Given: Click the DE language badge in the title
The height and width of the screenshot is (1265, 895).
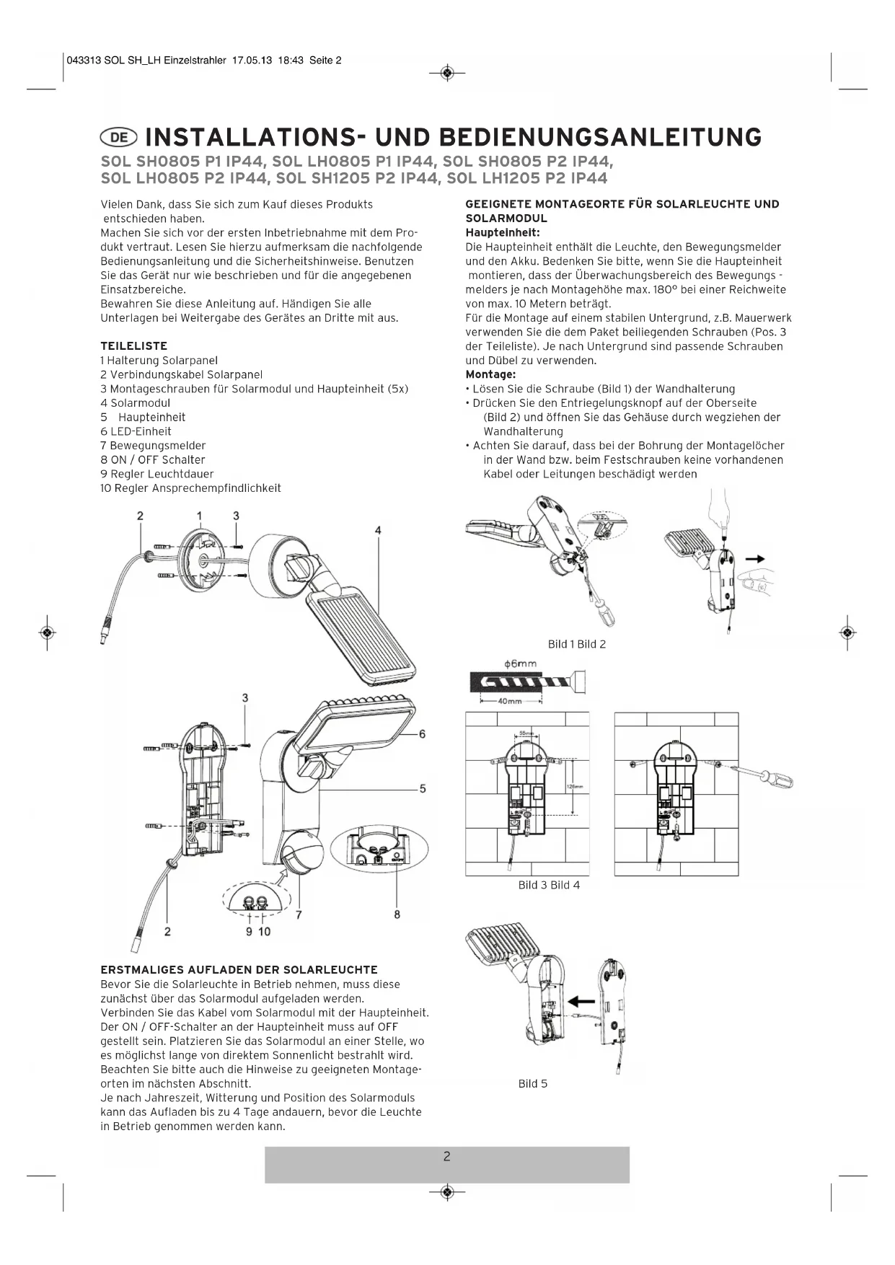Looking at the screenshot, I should point(120,137).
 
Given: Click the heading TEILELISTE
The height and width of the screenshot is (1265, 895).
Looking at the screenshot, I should point(133,346).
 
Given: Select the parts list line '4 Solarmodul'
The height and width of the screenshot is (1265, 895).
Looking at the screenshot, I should point(136,403).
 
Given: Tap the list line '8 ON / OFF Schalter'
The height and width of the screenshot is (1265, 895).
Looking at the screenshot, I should point(153,460).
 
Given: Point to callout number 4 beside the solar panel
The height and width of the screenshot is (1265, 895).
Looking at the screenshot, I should point(378,530).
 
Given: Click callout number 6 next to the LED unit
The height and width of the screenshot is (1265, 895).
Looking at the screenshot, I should point(422,734).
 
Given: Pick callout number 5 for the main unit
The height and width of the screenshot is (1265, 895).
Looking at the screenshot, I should point(422,788).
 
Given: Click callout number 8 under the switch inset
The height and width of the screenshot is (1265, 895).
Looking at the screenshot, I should point(397,914).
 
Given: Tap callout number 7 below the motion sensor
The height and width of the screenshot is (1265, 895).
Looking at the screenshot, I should point(299,914).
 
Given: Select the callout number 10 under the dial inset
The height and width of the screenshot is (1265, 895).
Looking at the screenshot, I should point(264,932).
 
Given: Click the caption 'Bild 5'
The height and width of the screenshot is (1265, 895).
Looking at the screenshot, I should point(533,1083).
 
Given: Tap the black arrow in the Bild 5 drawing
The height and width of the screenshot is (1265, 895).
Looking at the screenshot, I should point(582,1001).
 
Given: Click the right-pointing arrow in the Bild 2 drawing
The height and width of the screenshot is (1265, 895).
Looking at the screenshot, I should point(755,558).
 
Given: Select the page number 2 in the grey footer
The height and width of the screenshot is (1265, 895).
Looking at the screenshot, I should point(446,1157).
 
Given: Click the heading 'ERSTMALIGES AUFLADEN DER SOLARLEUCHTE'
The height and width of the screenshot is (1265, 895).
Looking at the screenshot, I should point(239,970).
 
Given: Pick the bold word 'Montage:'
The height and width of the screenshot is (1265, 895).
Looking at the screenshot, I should point(490,375).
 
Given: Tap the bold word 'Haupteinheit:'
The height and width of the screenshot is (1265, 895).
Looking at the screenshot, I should point(503,233).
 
